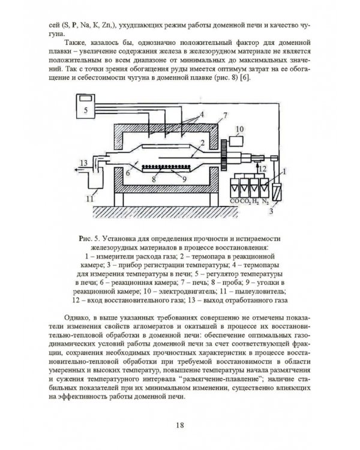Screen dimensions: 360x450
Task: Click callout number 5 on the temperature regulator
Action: coord(86,110)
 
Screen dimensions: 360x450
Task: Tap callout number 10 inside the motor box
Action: coord(239,129)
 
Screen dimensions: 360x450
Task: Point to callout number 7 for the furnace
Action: coord(225,115)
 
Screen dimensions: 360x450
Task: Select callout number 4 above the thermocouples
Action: coord(202,115)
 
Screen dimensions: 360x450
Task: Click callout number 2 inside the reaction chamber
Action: coord(202,143)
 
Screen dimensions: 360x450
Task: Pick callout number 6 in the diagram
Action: coord(128,173)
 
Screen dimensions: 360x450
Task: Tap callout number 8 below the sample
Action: coord(154,179)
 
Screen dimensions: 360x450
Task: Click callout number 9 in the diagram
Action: coord(184,179)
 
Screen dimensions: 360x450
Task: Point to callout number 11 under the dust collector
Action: coord(90,199)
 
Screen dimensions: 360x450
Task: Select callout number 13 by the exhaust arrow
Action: coord(83,163)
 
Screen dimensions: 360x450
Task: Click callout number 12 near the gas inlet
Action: coord(263,169)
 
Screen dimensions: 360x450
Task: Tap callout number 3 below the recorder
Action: coord(271,212)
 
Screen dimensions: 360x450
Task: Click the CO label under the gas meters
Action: coord(235,201)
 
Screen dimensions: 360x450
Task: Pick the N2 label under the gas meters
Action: coord(265,202)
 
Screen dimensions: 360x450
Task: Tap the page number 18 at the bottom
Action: coord(180,425)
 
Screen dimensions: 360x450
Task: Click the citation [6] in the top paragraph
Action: coord(245,78)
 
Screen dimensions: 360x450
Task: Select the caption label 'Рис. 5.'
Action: coord(89,239)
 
